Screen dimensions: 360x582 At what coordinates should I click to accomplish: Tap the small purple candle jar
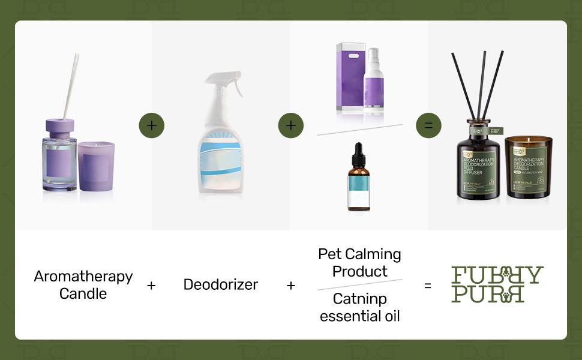[96, 166]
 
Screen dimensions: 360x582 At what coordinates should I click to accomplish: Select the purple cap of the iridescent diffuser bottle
[59, 127]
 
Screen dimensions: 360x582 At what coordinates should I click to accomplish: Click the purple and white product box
[349, 77]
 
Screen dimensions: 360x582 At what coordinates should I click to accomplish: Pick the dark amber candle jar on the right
[528, 167]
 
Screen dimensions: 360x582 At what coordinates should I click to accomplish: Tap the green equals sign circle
[428, 125]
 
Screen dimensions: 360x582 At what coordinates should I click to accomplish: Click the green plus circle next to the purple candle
[151, 125]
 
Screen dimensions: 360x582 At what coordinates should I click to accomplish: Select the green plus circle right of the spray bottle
[290, 125]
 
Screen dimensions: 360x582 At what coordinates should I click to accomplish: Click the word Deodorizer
[220, 284]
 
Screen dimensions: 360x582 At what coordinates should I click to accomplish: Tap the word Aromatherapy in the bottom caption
[83, 277]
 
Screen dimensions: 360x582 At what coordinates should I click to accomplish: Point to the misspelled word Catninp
[360, 299]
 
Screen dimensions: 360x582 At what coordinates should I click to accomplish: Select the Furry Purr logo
[497, 284]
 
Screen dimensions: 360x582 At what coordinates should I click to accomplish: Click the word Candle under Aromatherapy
[83, 294]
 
